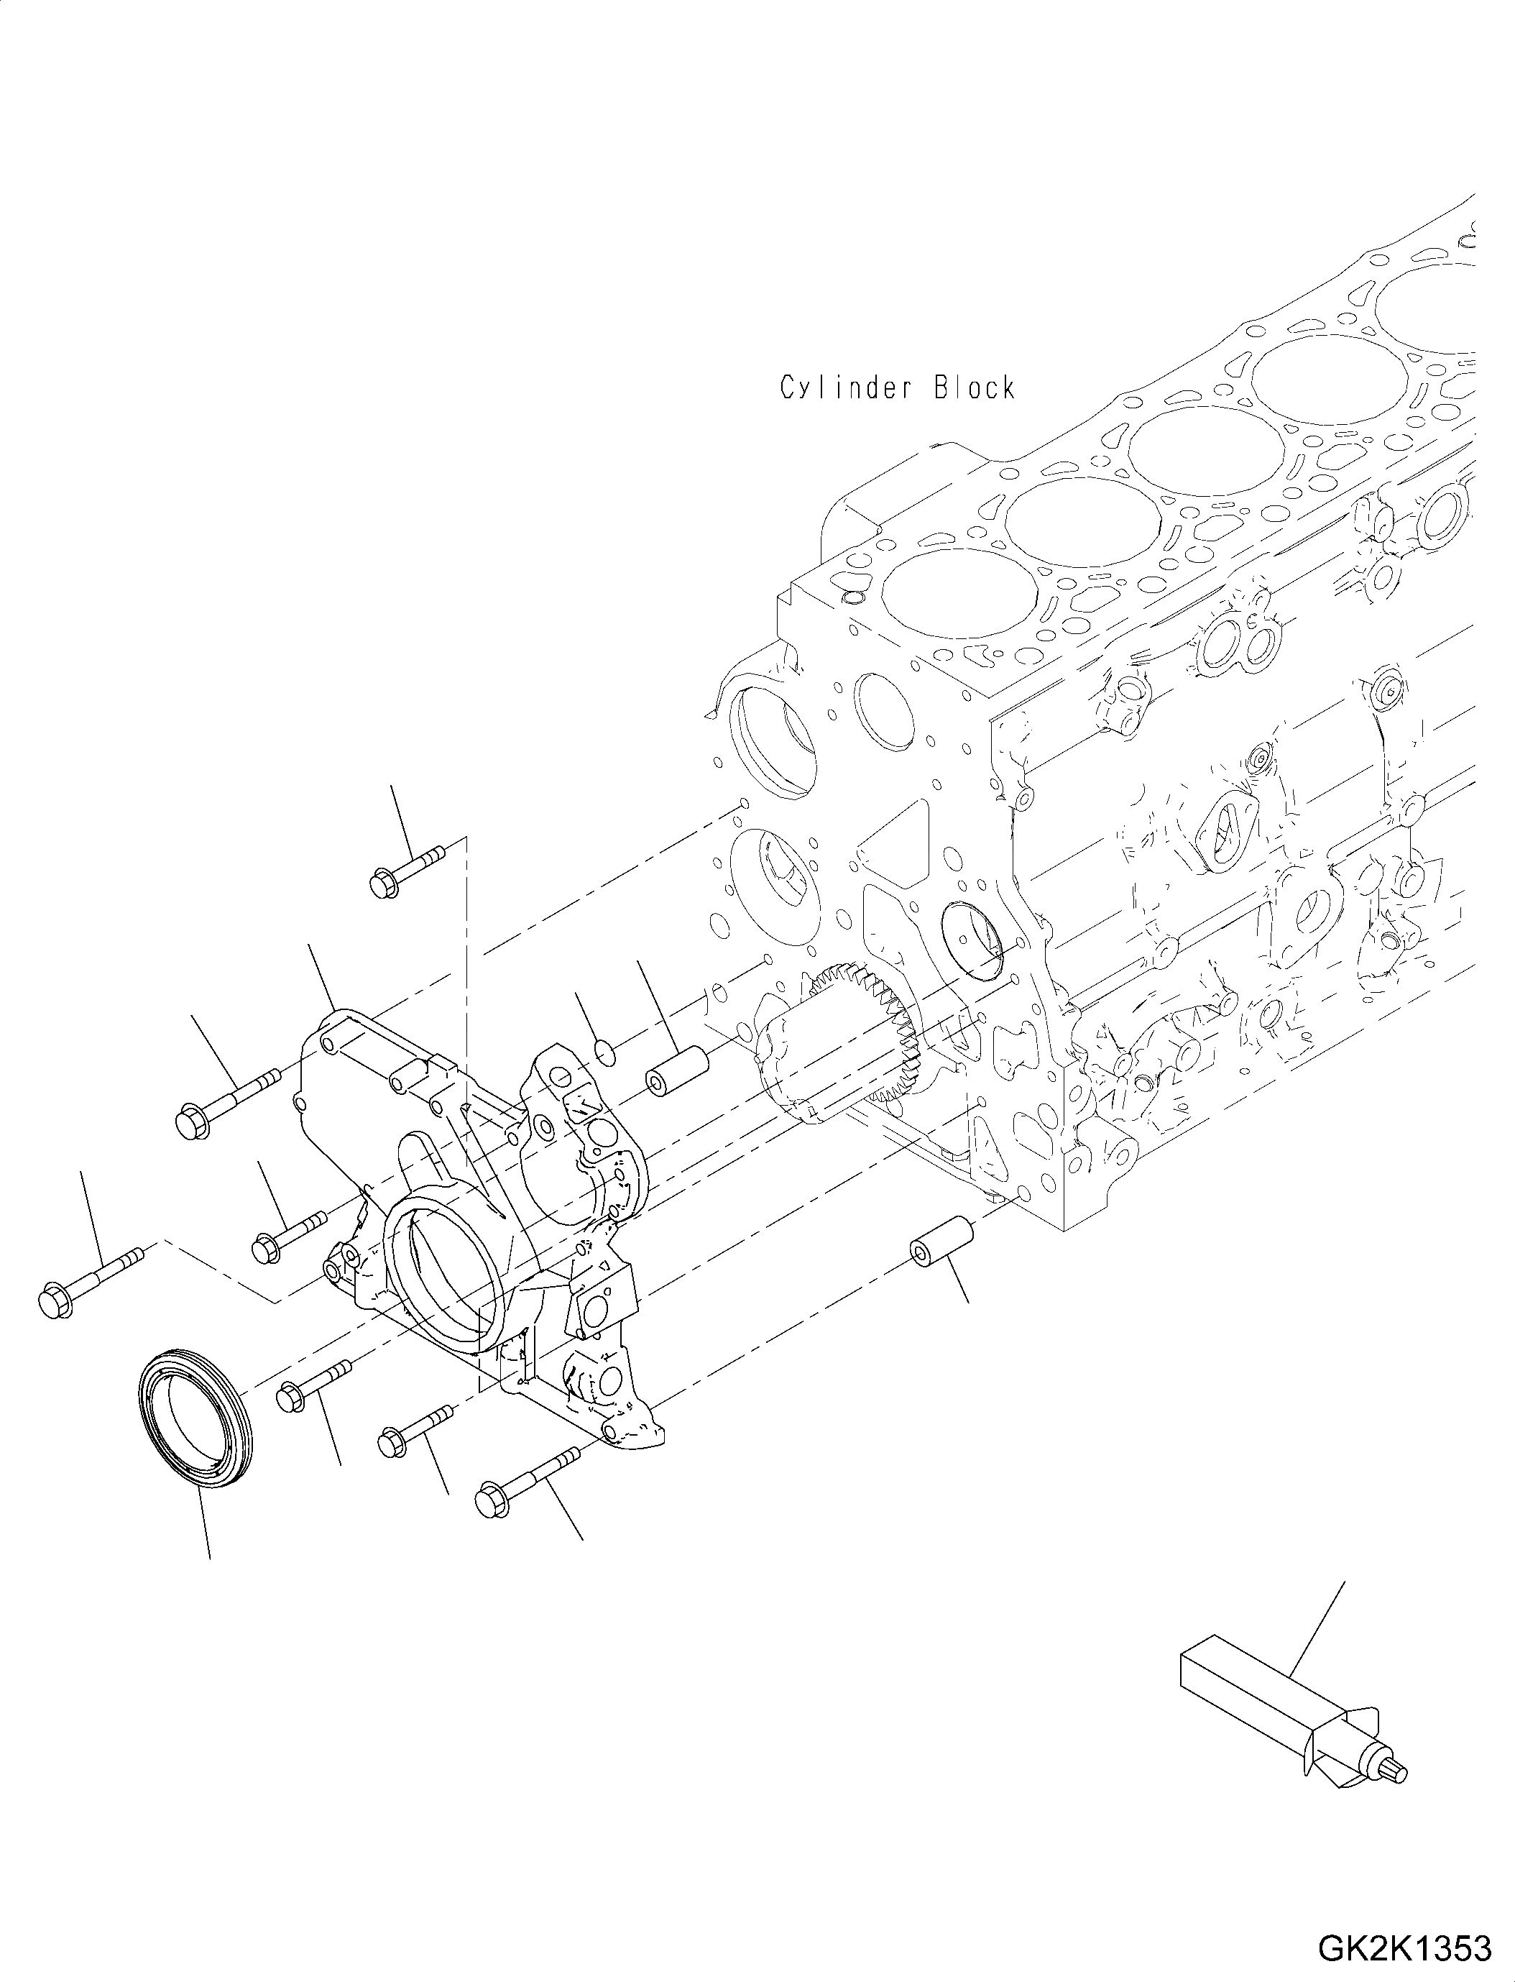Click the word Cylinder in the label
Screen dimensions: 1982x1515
click(x=842, y=389)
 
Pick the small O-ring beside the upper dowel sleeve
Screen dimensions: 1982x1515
click(x=605, y=1051)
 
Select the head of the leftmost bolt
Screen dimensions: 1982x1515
click(x=56, y=1303)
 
